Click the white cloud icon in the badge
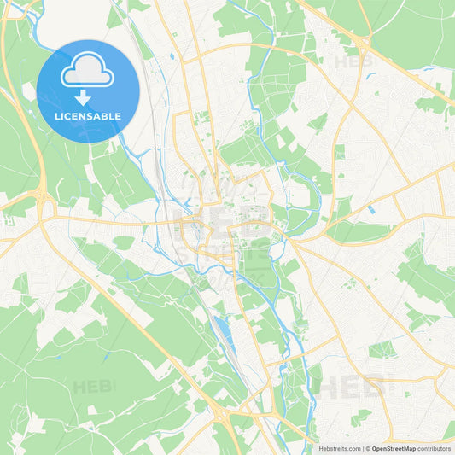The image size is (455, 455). click(87, 72)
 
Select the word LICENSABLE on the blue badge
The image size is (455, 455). click(88, 116)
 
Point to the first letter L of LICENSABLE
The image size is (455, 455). click(57, 116)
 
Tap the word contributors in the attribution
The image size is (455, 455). click(434, 447)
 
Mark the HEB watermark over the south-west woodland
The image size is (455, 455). click(92, 387)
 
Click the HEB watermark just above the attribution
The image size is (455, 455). click(352, 387)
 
